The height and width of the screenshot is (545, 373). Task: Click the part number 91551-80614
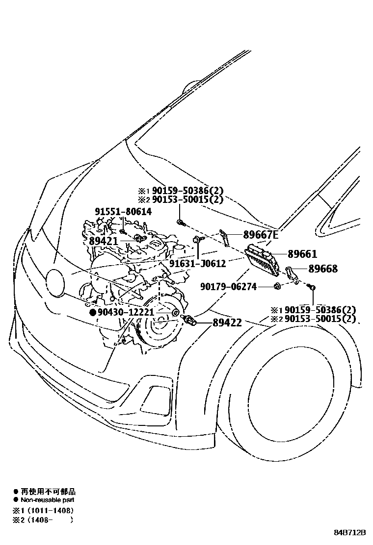[x=123, y=211]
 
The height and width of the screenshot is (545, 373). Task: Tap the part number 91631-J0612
[x=197, y=264]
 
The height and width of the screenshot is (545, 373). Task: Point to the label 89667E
[x=261, y=235]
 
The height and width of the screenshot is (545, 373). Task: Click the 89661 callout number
[x=302, y=254]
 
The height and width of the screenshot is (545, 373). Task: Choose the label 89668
[x=323, y=269]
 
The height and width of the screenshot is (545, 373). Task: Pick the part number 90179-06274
[x=229, y=286]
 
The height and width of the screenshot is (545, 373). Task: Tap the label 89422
[x=227, y=322]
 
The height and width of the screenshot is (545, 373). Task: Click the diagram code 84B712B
[x=351, y=532]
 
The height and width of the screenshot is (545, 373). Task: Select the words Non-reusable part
[x=47, y=500]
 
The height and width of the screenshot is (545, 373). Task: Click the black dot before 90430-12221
[x=92, y=312]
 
